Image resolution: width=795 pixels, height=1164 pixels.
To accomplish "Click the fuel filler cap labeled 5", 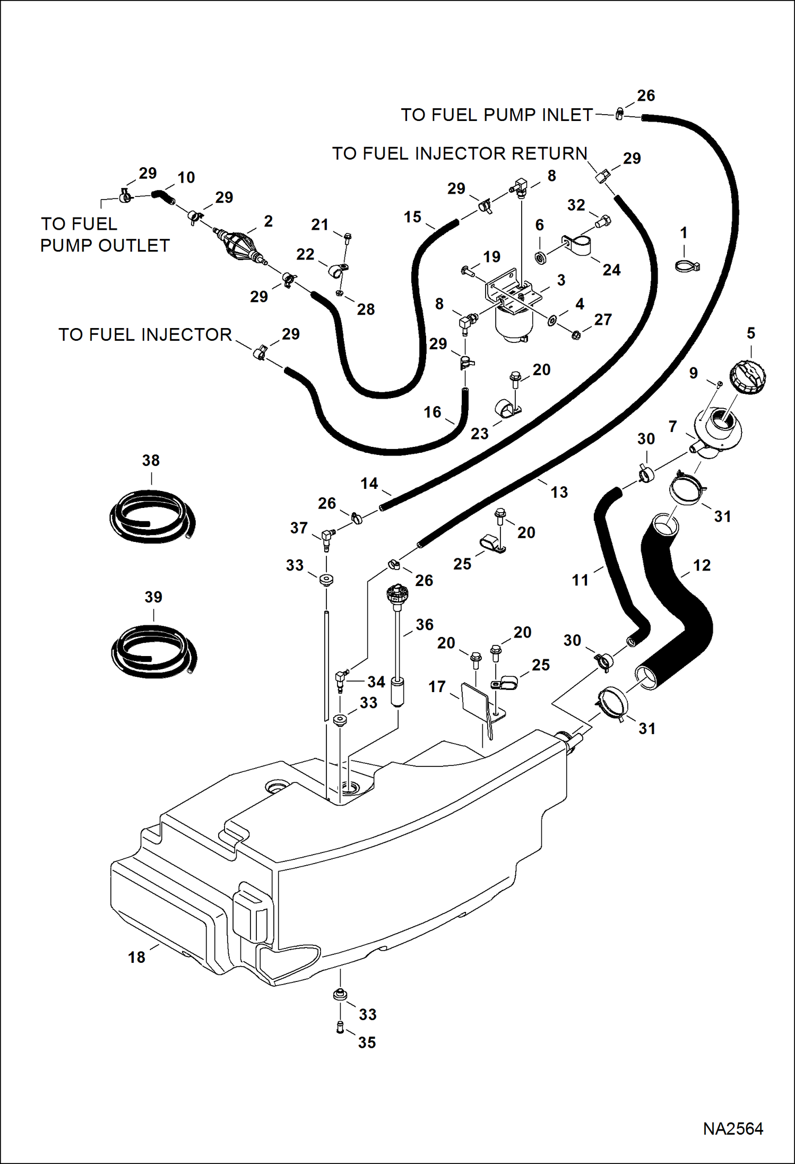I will click(x=748, y=377).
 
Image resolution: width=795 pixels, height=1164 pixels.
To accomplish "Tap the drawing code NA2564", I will click(x=733, y=1129).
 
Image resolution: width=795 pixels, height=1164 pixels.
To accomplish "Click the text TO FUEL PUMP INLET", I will click(x=496, y=115).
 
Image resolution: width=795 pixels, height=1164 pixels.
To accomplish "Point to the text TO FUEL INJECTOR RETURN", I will click(x=460, y=153).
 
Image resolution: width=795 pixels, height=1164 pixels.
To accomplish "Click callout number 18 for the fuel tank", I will click(x=136, y=957).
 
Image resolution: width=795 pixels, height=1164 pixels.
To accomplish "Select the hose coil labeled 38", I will click(x=152, y=516).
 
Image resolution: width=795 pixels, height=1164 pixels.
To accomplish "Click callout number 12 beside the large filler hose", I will click(x=702, y=565).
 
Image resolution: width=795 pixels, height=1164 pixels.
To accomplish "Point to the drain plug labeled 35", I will click(x=340, y=1029).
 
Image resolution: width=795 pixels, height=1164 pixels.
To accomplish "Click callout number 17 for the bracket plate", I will click(x=437, y=686).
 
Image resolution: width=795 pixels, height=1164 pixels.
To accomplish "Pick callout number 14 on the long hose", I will click(x=369, y=484).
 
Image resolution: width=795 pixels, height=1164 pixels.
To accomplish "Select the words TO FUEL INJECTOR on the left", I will click(x=145, y=335).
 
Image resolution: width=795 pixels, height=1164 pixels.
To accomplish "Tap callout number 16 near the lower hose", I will click(x=432, y=412).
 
